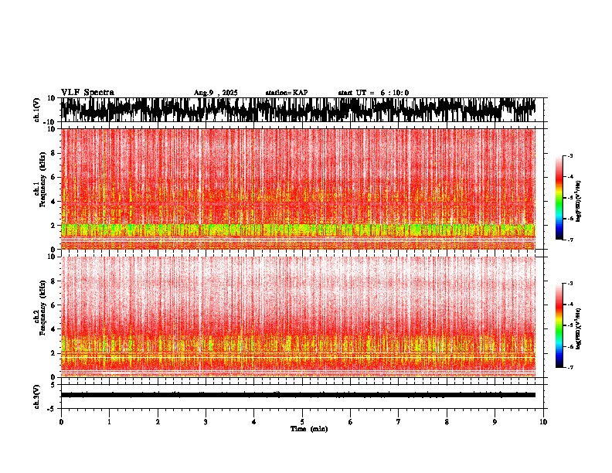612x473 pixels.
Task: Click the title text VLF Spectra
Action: [87, 93]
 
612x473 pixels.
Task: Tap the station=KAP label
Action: [286, 93]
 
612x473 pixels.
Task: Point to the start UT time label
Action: [373, 93]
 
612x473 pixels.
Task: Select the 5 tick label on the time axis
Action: [302, 421]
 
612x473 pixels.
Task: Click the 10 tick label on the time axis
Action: [543, 421]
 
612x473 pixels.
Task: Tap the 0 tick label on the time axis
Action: [61, 421]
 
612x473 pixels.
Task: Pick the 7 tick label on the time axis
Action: [399, 421]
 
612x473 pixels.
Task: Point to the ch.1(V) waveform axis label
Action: [36, 110]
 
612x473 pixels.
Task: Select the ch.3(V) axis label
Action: [36, 394]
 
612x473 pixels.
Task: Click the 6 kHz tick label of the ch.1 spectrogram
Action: [52, 177]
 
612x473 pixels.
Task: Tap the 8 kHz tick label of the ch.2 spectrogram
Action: [52, 281]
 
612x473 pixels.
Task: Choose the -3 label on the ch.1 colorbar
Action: [570, 156]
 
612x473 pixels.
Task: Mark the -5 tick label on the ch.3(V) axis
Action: [52, 407]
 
